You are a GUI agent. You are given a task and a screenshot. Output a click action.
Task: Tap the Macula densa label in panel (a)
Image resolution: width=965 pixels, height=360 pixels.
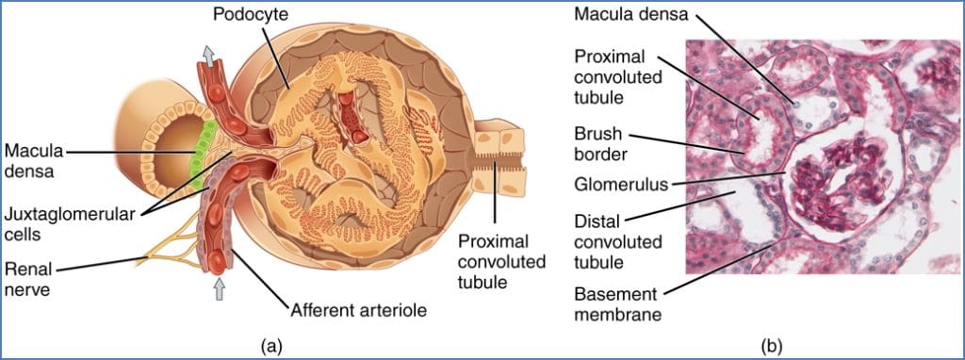tap(29, 160)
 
